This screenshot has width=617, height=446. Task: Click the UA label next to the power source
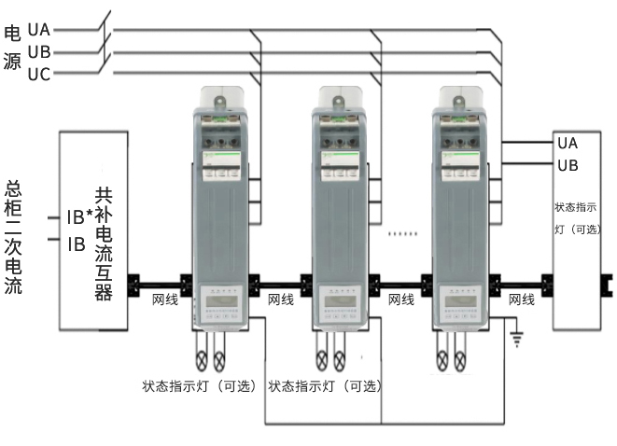pos(39,30)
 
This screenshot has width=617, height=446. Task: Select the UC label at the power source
pos(39,74)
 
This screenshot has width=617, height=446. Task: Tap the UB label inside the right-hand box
pos(568,165)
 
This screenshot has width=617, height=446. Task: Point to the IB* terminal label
pos(78,217)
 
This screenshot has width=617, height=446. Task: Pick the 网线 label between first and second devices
pos(280,300)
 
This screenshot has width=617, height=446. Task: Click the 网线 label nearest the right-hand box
pos(521,300)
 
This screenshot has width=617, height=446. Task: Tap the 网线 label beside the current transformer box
pos(165,300)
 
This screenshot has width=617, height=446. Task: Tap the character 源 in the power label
pos(12,62)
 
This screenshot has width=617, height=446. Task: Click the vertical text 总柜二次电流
pos(13,237)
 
